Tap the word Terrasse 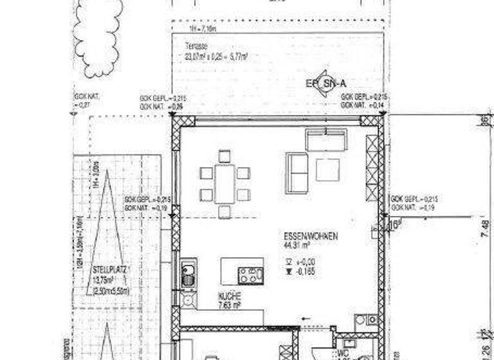coord(196,46)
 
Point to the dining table coord(224,183)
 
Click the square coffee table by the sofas coord(327,169)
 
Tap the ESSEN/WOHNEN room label coord(311,236)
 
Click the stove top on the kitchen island coord(250,275)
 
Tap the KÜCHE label coord(229,298)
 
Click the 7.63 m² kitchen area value coord(230,306)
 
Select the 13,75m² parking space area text coord(106,280)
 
